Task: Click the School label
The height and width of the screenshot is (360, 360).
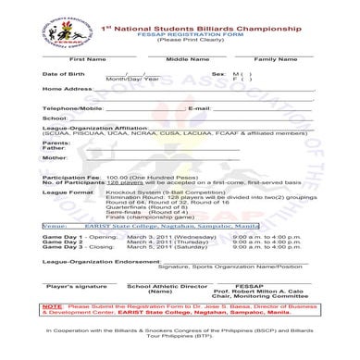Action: tap(55, 144)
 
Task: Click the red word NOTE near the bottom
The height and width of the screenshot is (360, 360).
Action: tap(52, 329)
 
